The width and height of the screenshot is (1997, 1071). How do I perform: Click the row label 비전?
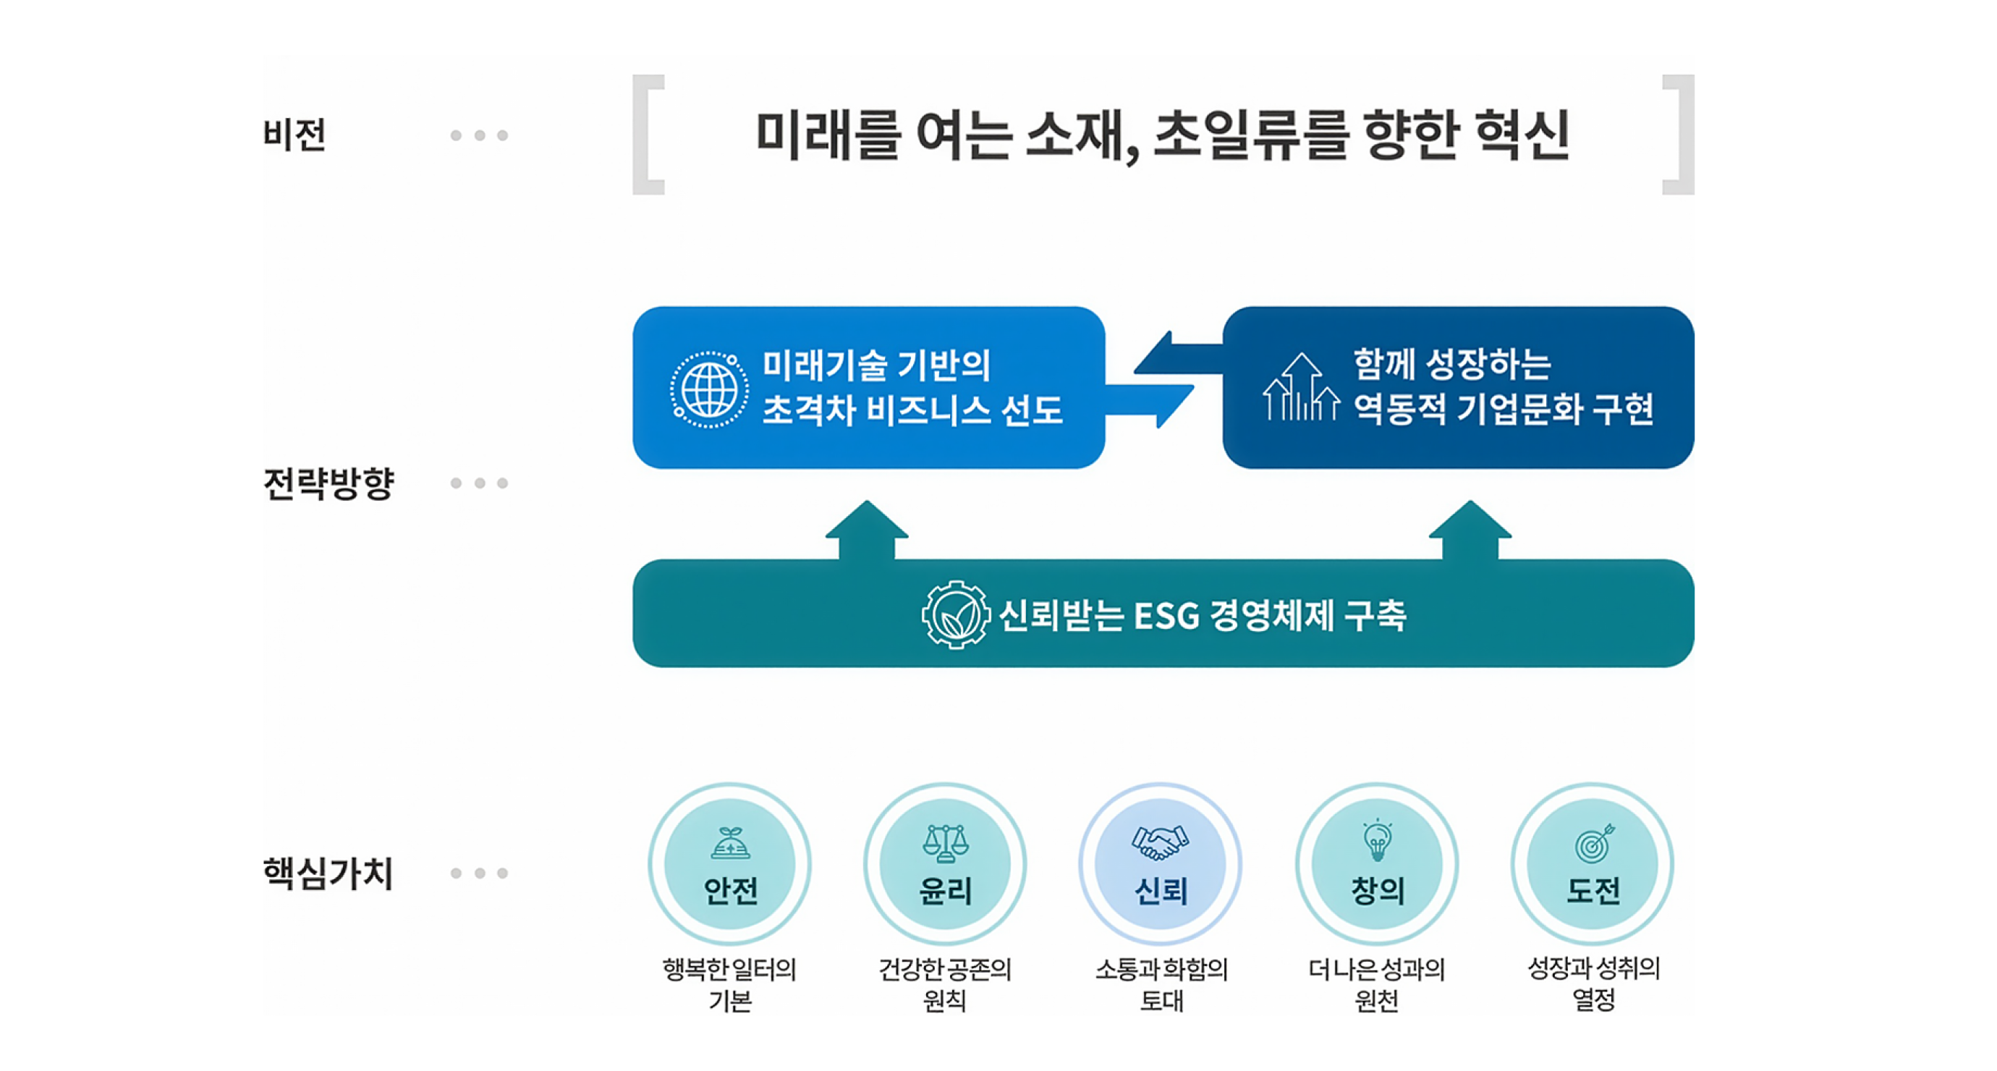[x=294, y=135]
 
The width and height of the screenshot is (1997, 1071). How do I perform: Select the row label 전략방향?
[x=328, y=483]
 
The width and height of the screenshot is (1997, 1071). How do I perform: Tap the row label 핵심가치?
[x=328, y=873]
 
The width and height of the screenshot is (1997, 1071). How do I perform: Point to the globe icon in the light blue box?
[x=708, y=389]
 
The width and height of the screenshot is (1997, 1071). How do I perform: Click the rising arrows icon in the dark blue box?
[x=1301, y=388]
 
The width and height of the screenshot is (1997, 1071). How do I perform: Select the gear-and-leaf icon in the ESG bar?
[x=955, y=614]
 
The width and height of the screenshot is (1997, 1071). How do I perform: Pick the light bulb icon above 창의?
[x=1377, y=841]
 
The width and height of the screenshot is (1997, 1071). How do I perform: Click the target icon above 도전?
[x=1594, y=842]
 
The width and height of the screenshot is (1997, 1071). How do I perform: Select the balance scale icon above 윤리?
[x=945, y=843]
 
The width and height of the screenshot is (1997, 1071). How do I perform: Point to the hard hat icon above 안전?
[x=729, y=844]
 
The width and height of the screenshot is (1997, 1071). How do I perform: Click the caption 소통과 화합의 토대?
[x=1161, y=984]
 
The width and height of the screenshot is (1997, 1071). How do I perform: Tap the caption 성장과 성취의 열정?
[x=1593, y=983]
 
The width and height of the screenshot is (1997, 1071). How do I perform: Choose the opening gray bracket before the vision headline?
[x=648, y=134]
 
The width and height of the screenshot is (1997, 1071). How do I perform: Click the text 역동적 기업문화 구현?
[x=1504, y=409]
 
